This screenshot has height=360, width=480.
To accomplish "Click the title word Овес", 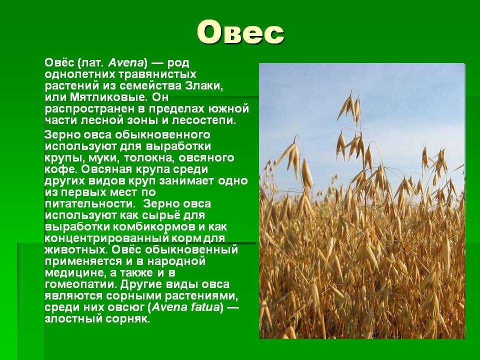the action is [x=240, y=32].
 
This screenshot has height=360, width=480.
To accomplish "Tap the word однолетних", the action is [x=79, y=74].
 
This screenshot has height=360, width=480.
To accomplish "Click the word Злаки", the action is [x=204, y=86].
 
